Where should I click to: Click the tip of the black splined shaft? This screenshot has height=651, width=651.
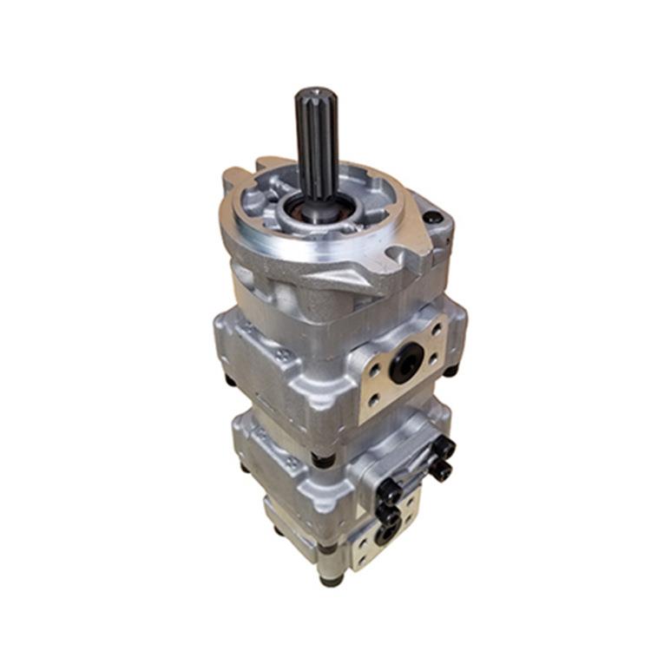[x=314, y=94]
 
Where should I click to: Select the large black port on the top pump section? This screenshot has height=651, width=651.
[x=406, y=362]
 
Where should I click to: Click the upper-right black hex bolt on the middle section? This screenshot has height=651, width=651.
[x=444, y=449]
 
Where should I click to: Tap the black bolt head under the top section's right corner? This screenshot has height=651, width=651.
[x=450, y=371]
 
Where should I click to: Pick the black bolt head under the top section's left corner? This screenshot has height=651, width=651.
[x=230, y=379]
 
